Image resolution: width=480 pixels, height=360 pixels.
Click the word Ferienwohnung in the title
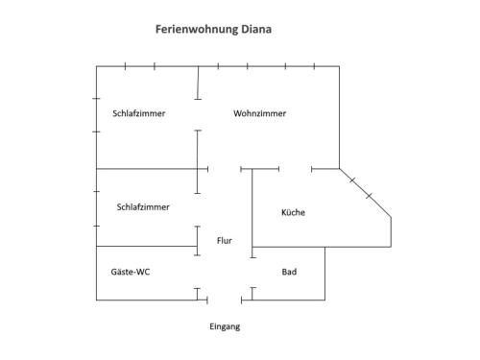197,30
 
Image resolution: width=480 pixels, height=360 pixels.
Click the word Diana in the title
256,29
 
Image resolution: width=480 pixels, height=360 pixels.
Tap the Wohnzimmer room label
259,113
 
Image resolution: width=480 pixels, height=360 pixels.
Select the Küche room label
293,212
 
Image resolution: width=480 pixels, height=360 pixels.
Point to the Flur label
225,240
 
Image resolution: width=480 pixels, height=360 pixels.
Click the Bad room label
289,272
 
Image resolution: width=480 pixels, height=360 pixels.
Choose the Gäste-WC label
131,272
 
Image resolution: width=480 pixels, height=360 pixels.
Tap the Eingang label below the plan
225,326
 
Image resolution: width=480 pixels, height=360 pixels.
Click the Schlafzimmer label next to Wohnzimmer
139,113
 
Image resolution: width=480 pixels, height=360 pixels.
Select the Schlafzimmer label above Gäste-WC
143,207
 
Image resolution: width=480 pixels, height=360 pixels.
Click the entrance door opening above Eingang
225,300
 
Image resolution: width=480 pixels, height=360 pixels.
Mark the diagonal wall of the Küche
365,193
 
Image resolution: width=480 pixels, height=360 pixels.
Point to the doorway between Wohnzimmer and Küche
295,169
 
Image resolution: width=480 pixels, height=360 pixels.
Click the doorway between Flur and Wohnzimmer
225,169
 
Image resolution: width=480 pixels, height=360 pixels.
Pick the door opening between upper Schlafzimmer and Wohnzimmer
198,115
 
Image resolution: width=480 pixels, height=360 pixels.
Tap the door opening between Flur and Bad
252,273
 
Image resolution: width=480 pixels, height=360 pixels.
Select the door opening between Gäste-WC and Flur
197,272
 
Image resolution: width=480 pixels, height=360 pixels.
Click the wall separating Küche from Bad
289,247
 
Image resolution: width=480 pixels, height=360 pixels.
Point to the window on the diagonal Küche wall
361,188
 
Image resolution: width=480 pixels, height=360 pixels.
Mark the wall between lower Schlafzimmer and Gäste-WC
147,246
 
